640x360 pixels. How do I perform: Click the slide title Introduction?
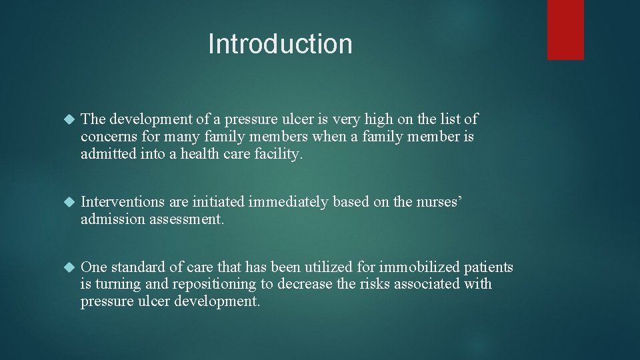[280, 44]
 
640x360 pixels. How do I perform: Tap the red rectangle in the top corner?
[565, 29]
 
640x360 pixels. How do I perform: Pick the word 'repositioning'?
[214, 285]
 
